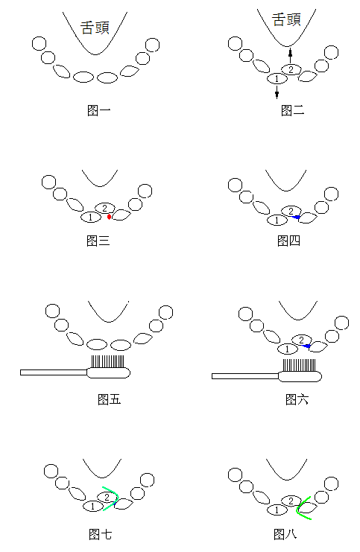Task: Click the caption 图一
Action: (x=98, y=110)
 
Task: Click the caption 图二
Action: (x=292, y=110)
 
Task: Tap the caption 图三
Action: (x=98, y=241)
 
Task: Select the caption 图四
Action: (x=289, y=241)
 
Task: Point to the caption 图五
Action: (x=110, y=399)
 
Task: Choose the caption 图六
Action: (x=297, y=399)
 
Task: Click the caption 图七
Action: (x=101, y=534)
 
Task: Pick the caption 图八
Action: (x=285, y=534)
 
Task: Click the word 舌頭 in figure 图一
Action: (x=95, y=28)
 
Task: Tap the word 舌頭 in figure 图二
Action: (x=286, y=19)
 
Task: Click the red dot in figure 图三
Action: (x=110, y=217)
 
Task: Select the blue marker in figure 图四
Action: (x=297, y=218)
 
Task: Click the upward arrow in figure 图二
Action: (x=290, y=55)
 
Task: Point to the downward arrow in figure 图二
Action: (x=277, y=91)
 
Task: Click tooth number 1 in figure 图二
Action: (x=277, y=78)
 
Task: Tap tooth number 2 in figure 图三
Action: (x=105, y=208)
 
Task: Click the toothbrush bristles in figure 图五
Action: (x=108, y=361)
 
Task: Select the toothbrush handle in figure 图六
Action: (x=245, y=376)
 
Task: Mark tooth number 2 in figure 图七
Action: (x=107, y=497)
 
